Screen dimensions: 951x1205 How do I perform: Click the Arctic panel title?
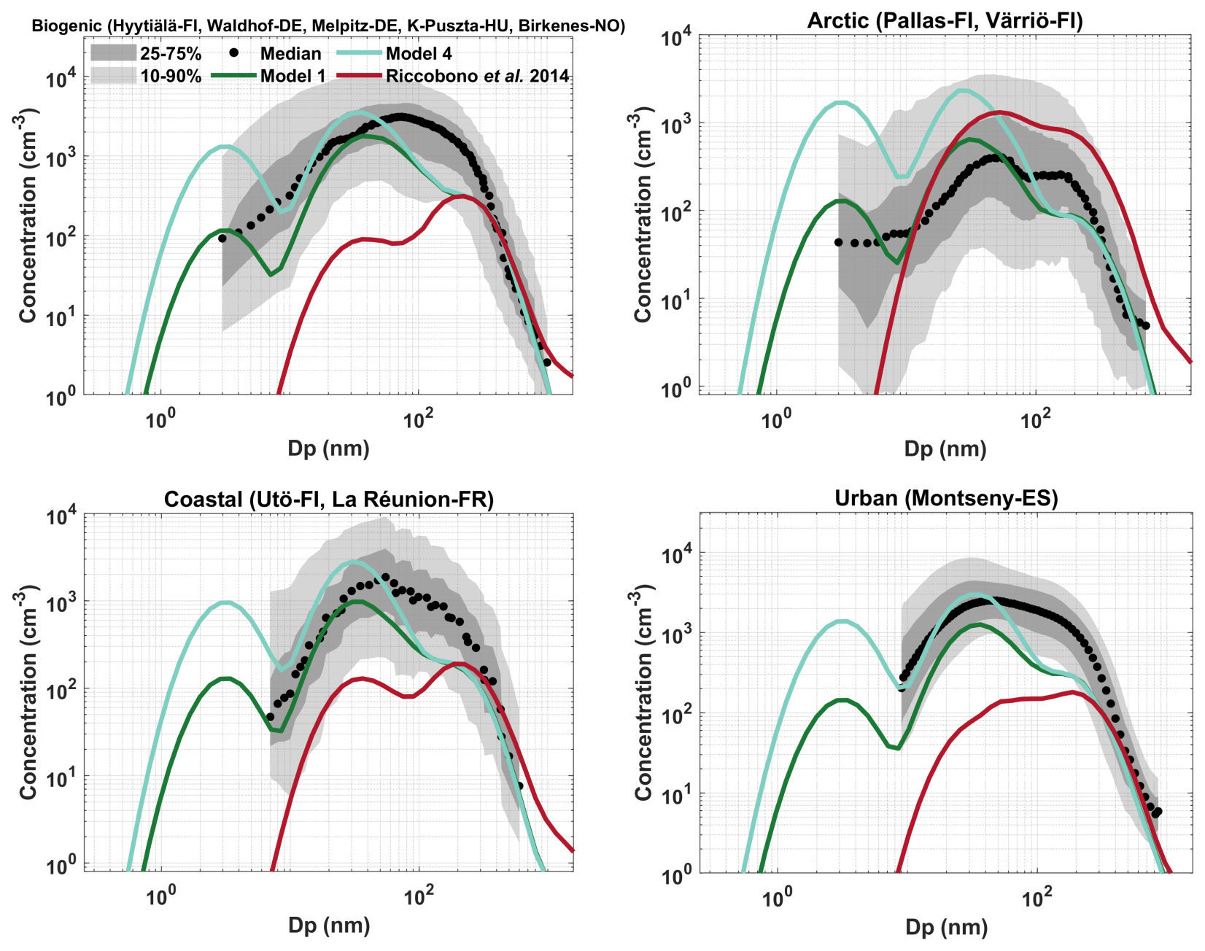point(945,20)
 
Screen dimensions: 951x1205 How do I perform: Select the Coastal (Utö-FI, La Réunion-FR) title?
point(329,500)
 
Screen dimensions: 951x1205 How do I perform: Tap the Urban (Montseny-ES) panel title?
point(946,498)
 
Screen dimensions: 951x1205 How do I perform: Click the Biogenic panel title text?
point(328,26)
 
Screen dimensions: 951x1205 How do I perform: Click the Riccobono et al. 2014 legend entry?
point(477,76)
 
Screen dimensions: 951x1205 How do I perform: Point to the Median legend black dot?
point(233,53)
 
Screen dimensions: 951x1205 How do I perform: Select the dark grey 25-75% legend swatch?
point(113,53)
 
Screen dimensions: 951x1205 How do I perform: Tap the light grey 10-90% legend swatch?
point(113,75)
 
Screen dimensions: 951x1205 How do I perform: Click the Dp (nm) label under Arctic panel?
point(945,449)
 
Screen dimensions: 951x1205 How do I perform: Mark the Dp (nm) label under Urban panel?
point(946,928)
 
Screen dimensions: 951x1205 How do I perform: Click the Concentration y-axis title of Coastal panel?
point(28,691)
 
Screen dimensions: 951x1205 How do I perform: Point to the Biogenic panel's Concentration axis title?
point(28,215)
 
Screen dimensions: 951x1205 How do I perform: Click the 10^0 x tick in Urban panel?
point(776,898)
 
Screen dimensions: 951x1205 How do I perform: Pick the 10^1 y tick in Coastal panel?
point(61,779)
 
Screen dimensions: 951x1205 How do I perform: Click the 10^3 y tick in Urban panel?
point(675,634)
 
